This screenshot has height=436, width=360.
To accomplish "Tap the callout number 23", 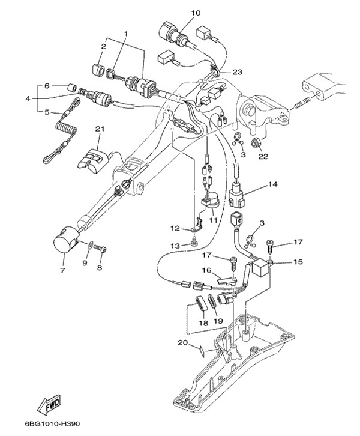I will pyautogui.click(x=238, y=72).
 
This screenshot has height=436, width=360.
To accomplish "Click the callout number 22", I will pyautogui.click(x=262, y=157).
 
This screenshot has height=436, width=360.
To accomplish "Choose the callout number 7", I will pyautogui.click(x=62, y=270).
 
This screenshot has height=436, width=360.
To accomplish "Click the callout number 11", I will pyautogui.click(x=212, y=220).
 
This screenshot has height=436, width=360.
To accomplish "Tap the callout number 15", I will pyautogui.click(x=298, y=262).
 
